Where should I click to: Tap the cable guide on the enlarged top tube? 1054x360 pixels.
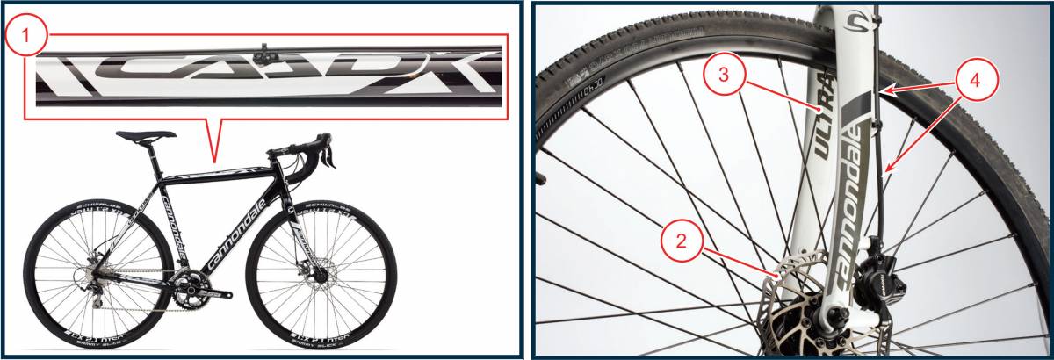pos(262,55)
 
